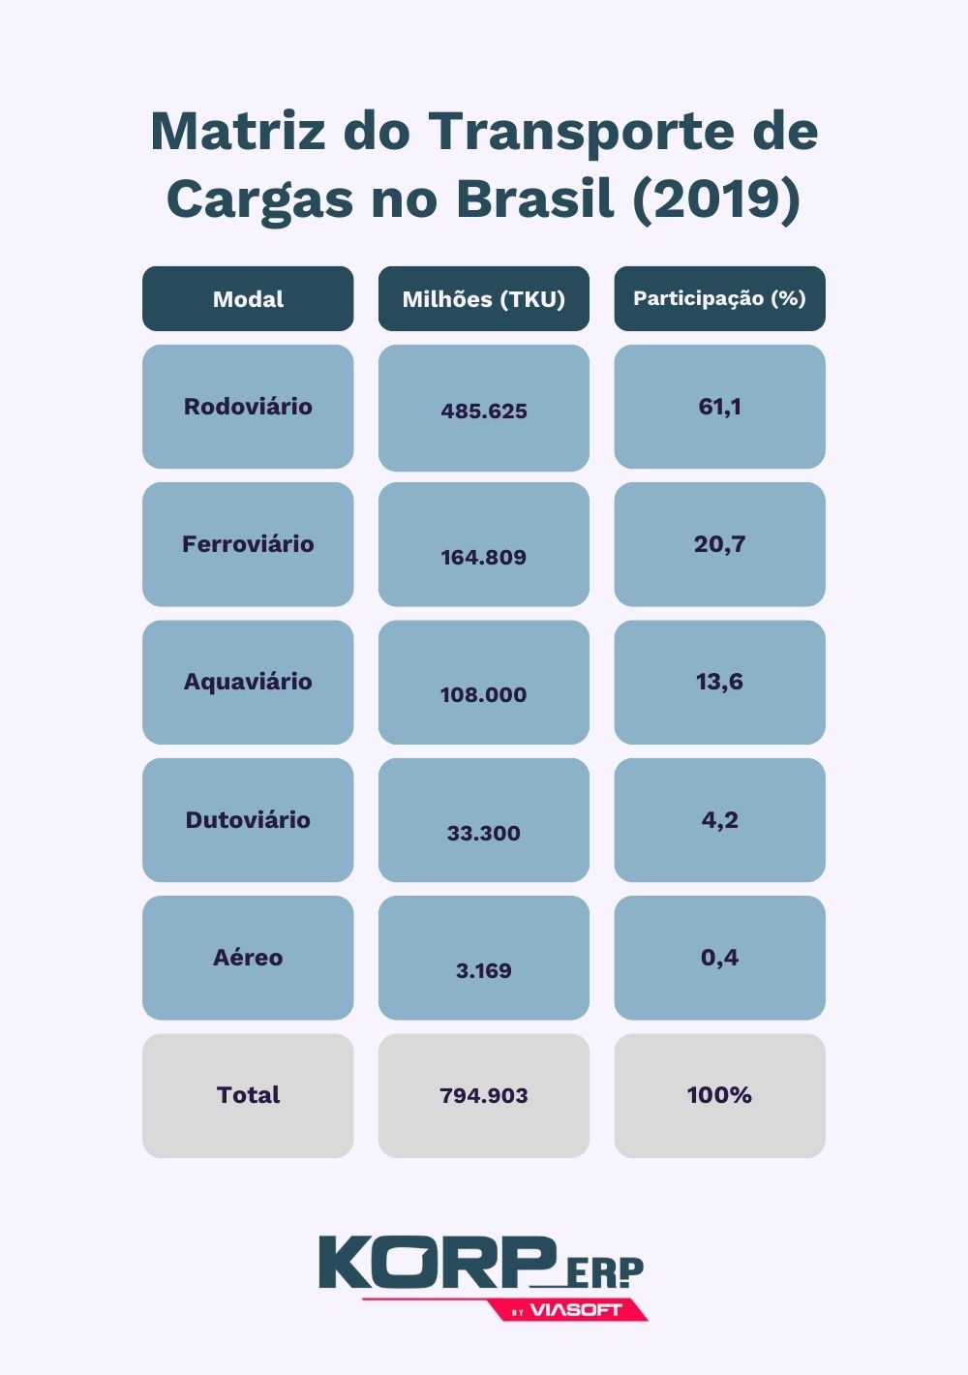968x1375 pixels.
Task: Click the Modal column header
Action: pos(248,299)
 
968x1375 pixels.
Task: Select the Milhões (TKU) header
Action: pos(483,299)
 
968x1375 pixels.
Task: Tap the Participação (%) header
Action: pos(719,298)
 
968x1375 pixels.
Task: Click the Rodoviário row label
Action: pos(248,407)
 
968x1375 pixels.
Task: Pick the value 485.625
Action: pos(484,411)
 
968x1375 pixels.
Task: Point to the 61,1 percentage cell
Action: pos(719,407)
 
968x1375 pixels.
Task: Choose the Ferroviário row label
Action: pos(248,544)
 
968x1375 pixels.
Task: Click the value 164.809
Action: pos(484,557)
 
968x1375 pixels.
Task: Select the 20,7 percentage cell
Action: pos(719,544)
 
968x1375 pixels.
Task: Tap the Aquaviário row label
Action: pos(248,682)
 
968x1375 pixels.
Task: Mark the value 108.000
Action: pos(484,694)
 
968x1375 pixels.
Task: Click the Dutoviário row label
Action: pos(248,820)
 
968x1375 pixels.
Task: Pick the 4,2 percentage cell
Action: pos(719,820)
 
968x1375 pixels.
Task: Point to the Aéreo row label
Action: pos(248,958)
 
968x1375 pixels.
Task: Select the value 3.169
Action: pos(484,970)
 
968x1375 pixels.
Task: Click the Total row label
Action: pos(248,1095)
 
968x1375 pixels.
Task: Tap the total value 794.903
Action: pos(484,1095)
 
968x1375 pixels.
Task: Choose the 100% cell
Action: pos(719,1095)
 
